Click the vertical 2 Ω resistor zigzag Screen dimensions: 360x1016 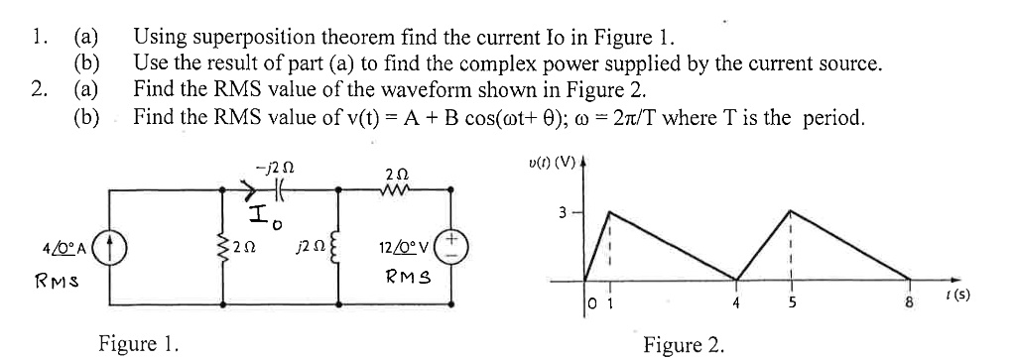click(216, 245)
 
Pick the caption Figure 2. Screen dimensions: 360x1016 click(685, 345)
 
